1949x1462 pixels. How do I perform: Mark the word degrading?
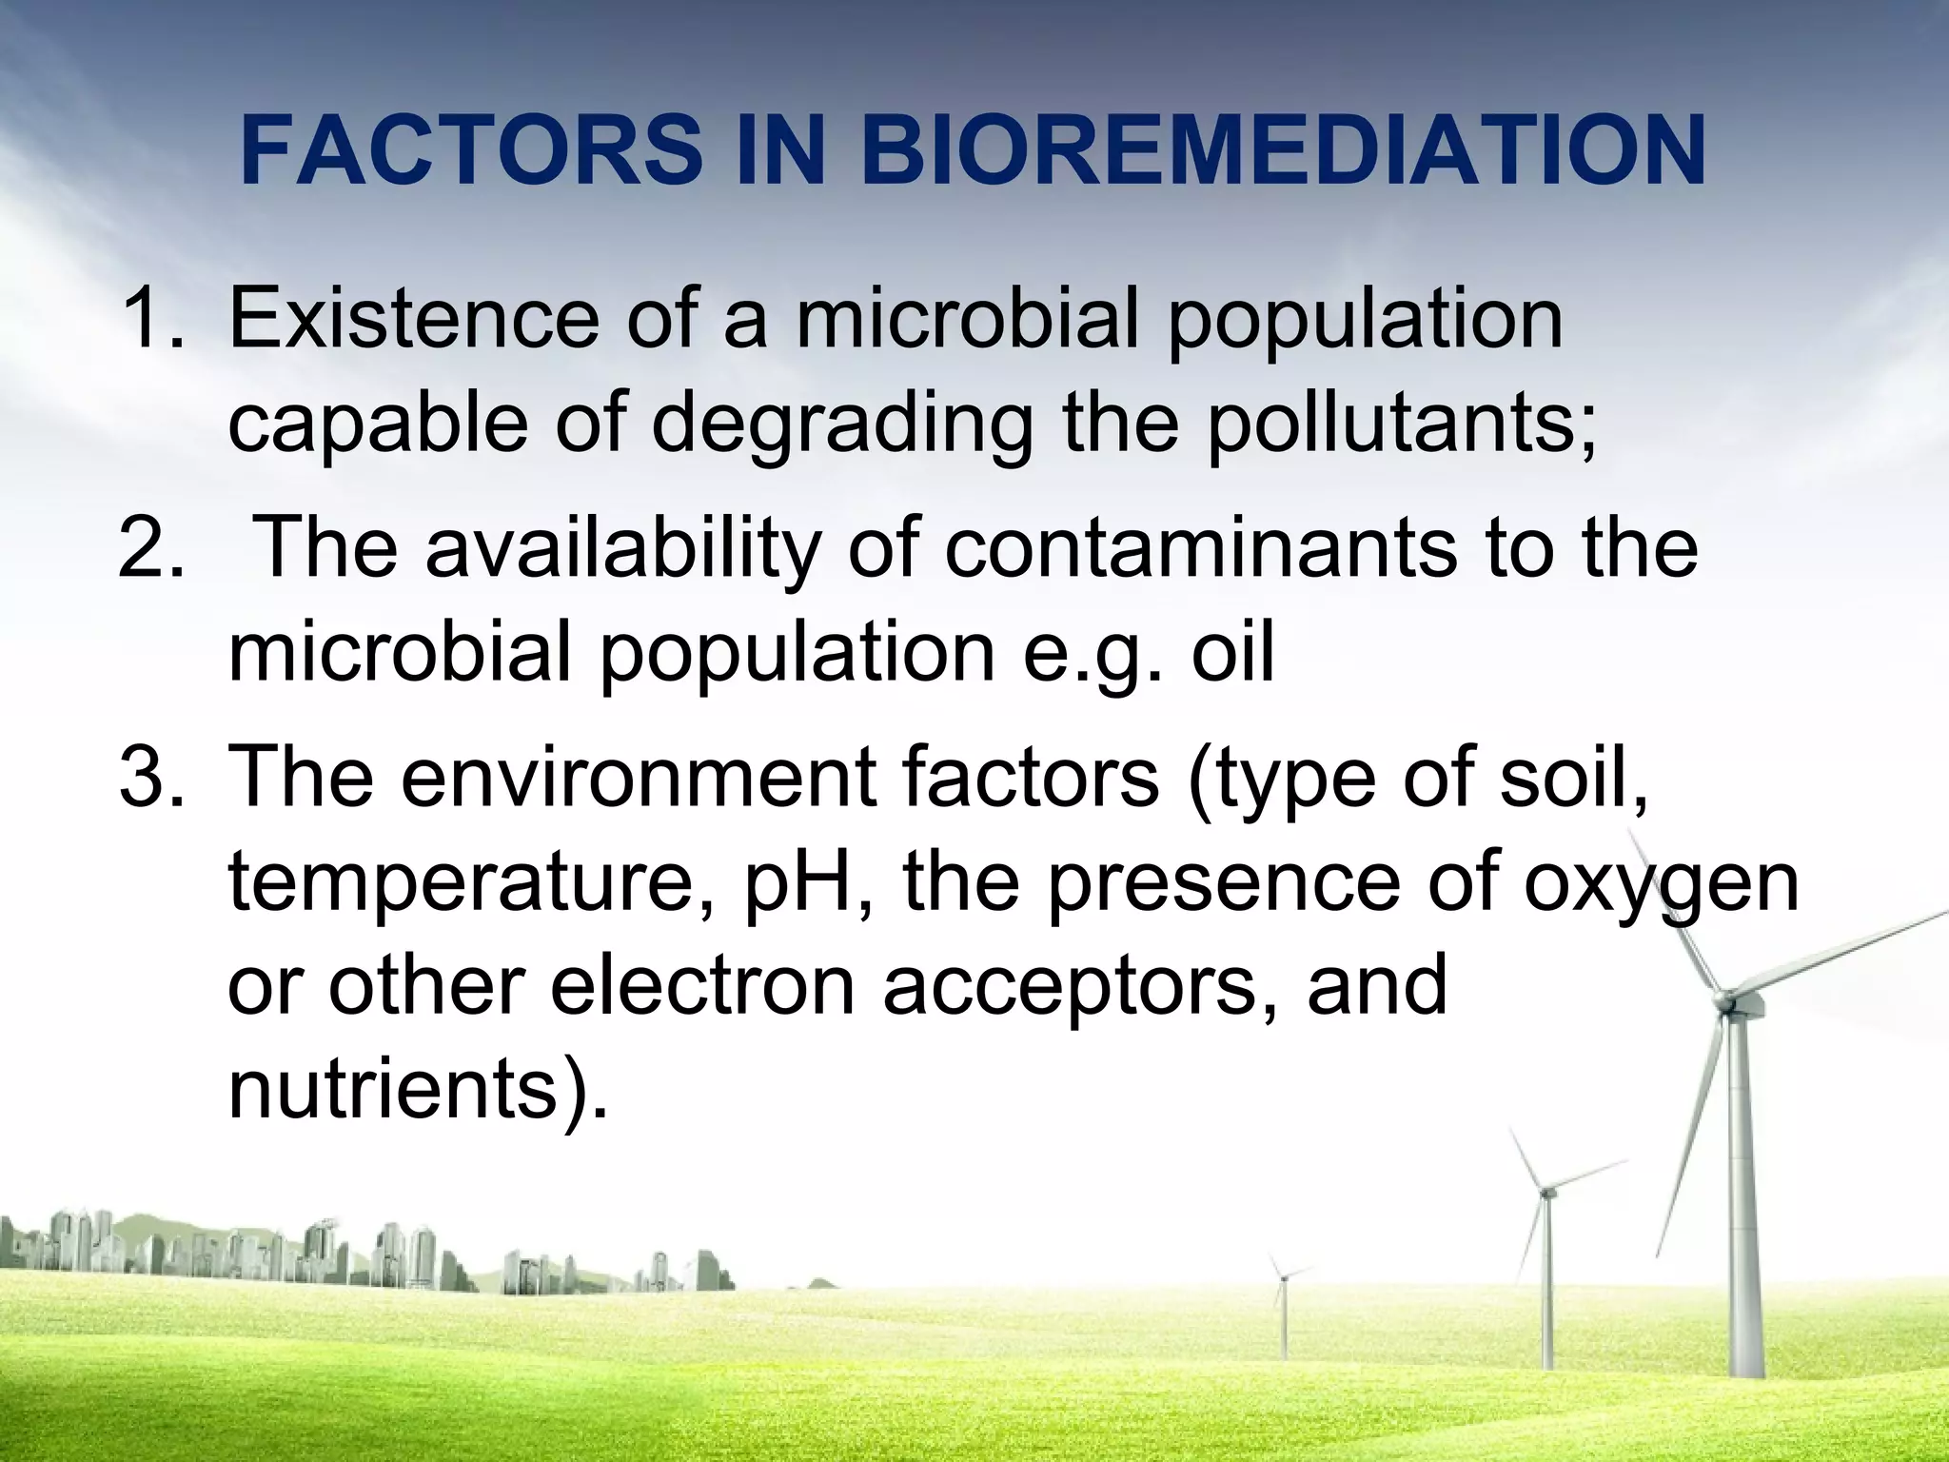click(x=841, y=425)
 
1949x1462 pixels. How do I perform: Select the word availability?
click(x=622, y=550)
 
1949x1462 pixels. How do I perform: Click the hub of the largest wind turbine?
click(x=1723, y=1000)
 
